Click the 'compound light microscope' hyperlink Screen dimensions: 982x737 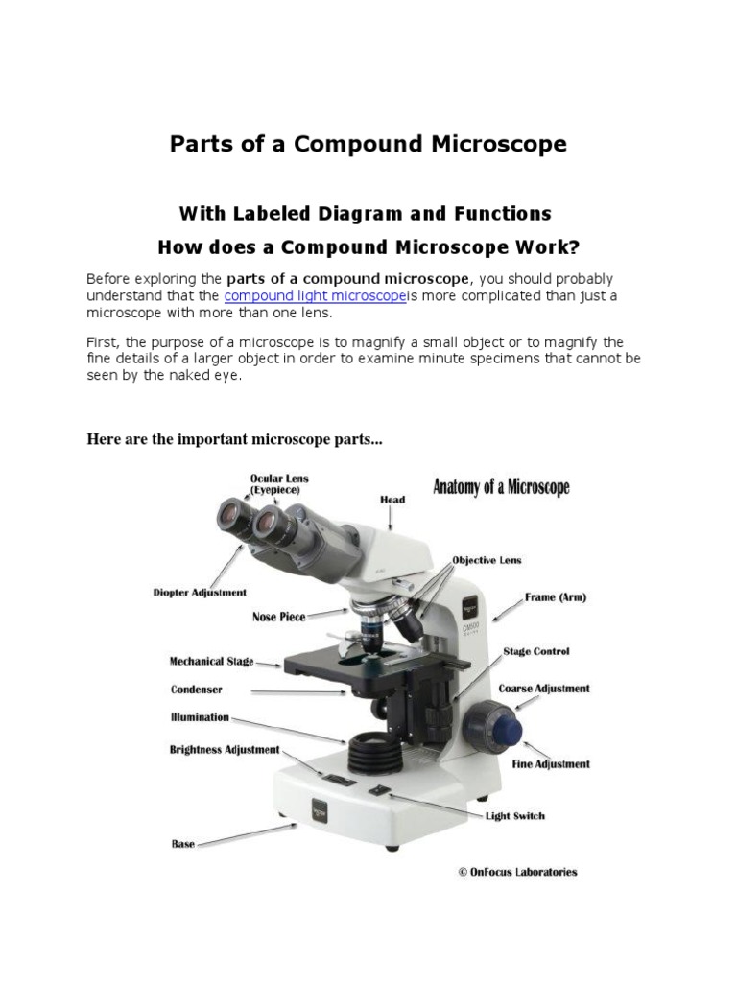(315, 296)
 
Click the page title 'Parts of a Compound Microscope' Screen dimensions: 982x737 (368, 144)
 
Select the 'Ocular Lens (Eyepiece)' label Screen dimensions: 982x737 (279, 483)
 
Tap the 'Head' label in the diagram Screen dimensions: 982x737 (392, 500)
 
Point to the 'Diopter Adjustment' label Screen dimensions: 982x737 (200, 593)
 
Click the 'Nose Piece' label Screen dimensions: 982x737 (278, 617)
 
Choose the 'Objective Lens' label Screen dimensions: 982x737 (487, 560)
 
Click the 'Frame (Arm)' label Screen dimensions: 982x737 (555, 596)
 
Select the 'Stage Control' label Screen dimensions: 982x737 (536, 651)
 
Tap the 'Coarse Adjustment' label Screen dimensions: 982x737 (544, 689)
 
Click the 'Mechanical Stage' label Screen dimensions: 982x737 (211, 662)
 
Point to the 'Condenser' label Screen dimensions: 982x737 (197, 690)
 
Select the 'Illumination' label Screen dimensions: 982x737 (200, 717)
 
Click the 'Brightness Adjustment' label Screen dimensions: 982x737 (225, 750)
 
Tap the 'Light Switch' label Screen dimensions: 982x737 (514, 816)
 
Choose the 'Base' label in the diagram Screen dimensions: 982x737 (182, 844)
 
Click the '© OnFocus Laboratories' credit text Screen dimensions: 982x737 (517, 872)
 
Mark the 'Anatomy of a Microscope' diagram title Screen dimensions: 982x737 (501, 487)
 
